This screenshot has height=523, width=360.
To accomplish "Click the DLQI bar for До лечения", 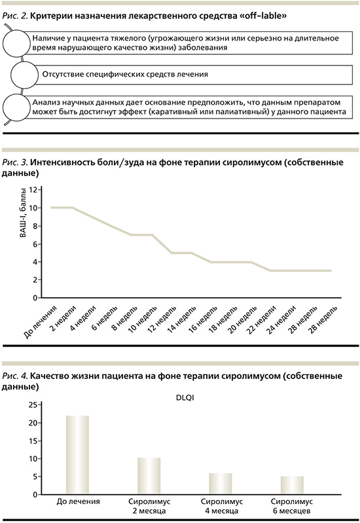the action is pyautogui.click(x=77, y=455).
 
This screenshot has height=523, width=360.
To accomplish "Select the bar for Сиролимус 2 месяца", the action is pyautogui.click(x=149, y=476).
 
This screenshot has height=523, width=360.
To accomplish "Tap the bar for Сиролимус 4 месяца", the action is pyautogui.click(x=220, y=483).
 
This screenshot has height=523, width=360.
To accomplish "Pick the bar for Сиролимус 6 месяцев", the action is pyautogui.click(x=292, y=485).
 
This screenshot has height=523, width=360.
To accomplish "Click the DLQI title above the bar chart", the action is pyautogui.click(x=185, y=398).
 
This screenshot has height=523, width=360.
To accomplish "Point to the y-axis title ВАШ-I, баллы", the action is pyautogui.click(x=23, y=213).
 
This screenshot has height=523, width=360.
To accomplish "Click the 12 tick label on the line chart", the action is pyautogui.click(x=33, y=190).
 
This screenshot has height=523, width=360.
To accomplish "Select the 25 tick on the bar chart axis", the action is pyautogui.click(x=33, y=405).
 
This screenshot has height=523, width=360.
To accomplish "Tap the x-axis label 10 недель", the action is pyautogui.click(x=143, y=319).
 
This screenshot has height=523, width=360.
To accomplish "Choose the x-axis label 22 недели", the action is pyautogui.click(x=262, y=319).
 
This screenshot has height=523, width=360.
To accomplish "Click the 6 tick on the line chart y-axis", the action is pyautogui.click(x=35, y=244).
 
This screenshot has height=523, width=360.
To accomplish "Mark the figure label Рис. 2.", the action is pyautogui.click(x=15, y=16).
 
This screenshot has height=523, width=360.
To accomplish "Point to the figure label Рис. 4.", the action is pyautogui.click(x=15, y=376).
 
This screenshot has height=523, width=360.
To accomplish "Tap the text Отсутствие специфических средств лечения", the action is pyautogui.click(x=125, y=74).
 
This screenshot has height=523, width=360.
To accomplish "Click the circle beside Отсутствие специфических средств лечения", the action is pyautogui.click(x=24, y=75).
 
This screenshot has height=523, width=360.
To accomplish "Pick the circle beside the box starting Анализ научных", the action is pyautogui.click(x=16, y=108).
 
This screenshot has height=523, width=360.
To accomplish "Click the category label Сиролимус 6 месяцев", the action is pyautogui.click(x=292, y=506).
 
